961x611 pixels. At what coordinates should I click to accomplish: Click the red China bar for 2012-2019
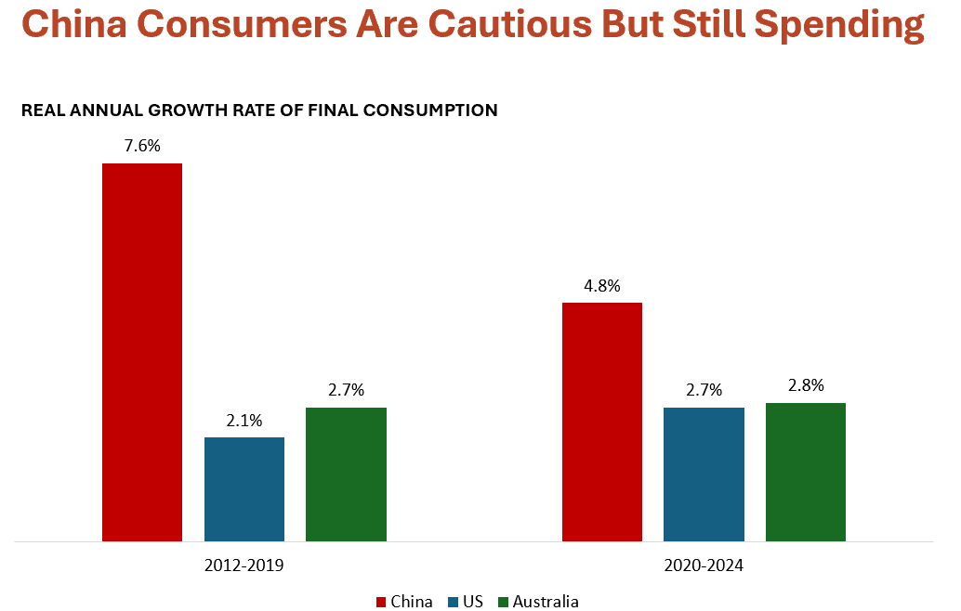tap(142, 352)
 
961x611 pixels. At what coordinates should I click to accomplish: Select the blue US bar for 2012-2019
tap(244, 488)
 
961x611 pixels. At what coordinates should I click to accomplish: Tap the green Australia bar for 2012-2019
tap(346, 474)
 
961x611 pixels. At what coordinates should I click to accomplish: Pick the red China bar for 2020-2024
tap(602, 422)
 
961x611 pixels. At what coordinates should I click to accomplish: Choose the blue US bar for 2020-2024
tap(704, 474)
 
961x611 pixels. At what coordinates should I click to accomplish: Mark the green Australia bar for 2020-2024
tap(806, 472)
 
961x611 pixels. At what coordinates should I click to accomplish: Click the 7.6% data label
tap(142, 147)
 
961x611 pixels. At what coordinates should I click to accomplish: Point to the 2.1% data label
tap(244, 421)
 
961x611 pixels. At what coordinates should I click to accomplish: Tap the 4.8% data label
tap(602, 286)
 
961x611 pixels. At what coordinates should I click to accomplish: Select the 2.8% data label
tap(806, 386)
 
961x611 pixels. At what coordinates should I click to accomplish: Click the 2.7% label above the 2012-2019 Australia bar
tap(346, 391)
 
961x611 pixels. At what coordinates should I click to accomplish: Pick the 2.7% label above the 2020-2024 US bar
tap(704, 391)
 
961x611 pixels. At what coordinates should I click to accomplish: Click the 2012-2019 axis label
tap(244, 565)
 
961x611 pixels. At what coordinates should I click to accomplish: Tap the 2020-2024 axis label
tap(704, 565)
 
